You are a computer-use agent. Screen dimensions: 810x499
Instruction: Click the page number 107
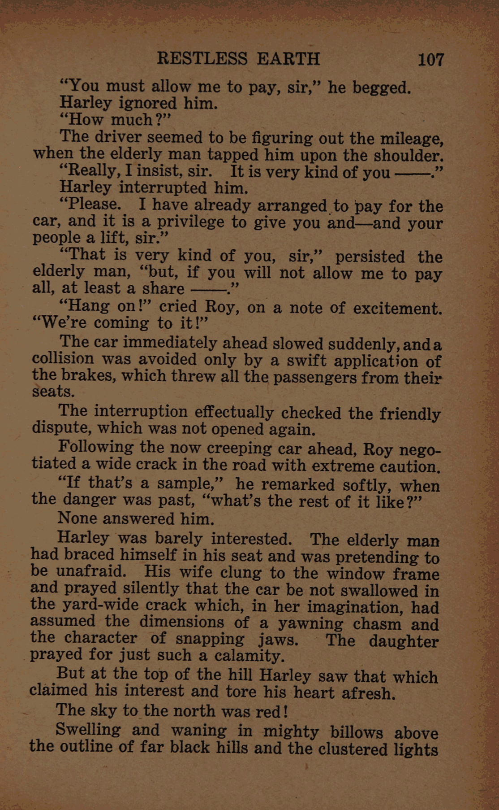coord(430,60)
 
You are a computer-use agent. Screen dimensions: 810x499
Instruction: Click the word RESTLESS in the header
coord(202,59)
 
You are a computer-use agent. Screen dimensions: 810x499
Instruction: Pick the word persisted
coord(370,257)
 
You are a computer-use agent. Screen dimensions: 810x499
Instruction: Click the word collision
coord(63,359)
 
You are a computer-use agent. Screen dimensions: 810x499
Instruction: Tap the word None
coord(77,518)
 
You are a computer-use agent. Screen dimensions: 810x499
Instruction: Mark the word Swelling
coord(88,730)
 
